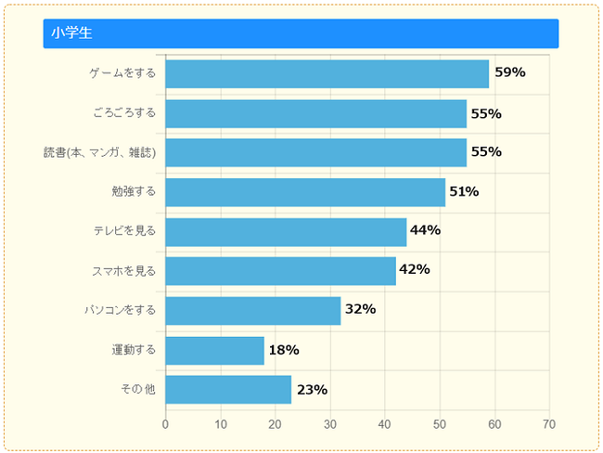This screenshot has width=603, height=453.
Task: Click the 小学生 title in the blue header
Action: (x=71, y=33)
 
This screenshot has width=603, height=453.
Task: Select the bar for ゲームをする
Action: (x=327, y=73)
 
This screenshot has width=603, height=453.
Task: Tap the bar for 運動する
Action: (x=214, y=350)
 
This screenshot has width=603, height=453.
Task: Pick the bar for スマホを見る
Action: (x=280, y=271)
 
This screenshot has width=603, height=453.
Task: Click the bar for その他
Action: (x=228, y=389)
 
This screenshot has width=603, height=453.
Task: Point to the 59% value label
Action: (x=509, y=72)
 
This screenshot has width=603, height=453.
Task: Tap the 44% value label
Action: (x=425, y=230)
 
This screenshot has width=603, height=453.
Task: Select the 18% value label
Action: (x=283, y=350)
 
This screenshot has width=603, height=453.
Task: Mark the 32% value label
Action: (x=360, y=309)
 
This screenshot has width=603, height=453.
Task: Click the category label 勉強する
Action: (x=134, y=191)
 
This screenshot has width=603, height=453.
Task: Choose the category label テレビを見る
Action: (x=124, y=230)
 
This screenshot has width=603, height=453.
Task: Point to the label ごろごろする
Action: (x=124, y=113)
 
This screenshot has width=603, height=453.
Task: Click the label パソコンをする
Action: (x=121, y=309)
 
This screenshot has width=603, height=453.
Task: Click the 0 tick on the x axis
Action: (x=165, y=424)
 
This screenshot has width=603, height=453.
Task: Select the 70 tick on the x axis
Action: (x=549, y=424)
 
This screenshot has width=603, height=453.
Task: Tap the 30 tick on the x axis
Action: (x=330, y=424)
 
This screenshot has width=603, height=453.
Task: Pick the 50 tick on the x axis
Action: (x=440, y=424)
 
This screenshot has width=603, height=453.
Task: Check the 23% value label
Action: (x=312, y=390)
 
